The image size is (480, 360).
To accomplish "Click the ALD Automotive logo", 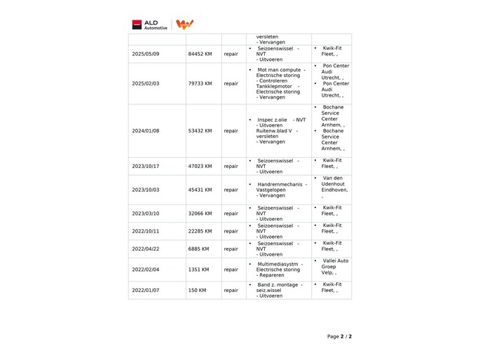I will (150, 25).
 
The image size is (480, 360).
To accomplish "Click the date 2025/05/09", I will (146, 54).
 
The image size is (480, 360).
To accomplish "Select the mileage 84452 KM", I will (200, 54).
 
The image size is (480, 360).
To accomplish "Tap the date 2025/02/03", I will (146, 83).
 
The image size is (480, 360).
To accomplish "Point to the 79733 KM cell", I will (200, 83).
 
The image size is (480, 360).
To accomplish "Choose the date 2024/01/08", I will (146, 131).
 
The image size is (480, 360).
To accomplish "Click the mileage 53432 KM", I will (200, 131).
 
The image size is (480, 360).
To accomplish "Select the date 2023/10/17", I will (146, 166).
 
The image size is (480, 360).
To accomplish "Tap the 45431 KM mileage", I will (200, 190).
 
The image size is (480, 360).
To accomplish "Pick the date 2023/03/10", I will (146, 214).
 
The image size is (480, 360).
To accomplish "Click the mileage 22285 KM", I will (200, 231).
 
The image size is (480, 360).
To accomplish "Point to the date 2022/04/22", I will (146, 249).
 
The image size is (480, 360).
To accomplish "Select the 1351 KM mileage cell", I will (198, 270).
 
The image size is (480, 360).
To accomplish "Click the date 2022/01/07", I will (146, 290).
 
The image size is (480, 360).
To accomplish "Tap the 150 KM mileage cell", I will (197, 290).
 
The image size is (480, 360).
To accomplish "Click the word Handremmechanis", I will (279, 184).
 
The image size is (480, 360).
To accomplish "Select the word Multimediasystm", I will (278, 264).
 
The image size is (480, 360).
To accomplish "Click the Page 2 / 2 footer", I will (339, 336).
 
